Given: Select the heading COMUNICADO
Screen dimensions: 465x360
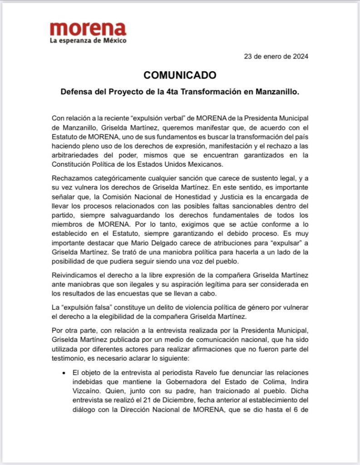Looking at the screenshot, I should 180,75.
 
